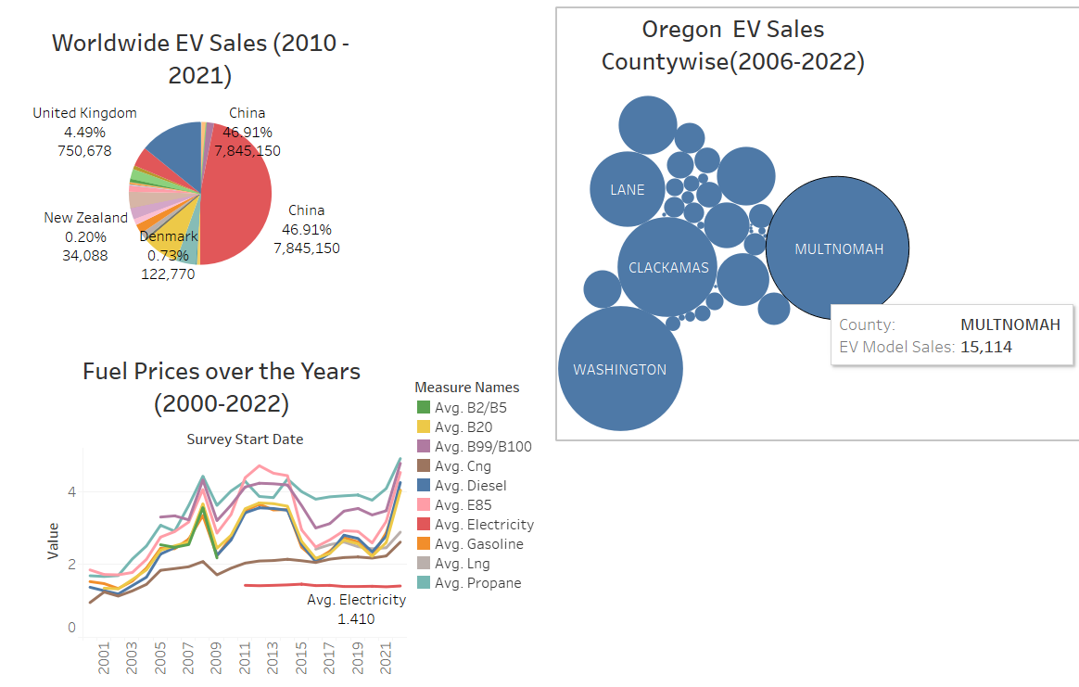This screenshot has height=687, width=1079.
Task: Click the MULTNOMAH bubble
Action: click(837, 248)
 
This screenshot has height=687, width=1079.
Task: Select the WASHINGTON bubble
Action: click(619, 369)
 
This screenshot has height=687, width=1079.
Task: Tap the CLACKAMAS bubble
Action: click(667, 267)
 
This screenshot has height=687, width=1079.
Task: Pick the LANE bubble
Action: click(628, 190)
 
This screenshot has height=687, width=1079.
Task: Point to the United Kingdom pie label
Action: click(84, 113)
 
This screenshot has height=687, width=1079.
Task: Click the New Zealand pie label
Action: click(85, 218)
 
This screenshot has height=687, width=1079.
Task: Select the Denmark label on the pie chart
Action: click(168, 236)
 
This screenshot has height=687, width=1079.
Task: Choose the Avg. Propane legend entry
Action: click(477, 583)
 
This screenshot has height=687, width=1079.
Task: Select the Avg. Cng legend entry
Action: click(463, 466)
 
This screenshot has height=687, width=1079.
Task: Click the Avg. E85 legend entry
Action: click(463, 505)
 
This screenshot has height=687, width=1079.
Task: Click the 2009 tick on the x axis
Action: click(217, 661)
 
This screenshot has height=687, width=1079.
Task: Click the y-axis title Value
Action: click(53, 541)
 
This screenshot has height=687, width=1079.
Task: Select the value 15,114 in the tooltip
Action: click(986, 347)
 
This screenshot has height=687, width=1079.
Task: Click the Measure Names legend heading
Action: click(466, 387)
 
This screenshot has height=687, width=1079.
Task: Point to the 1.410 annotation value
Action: click(356, 618)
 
